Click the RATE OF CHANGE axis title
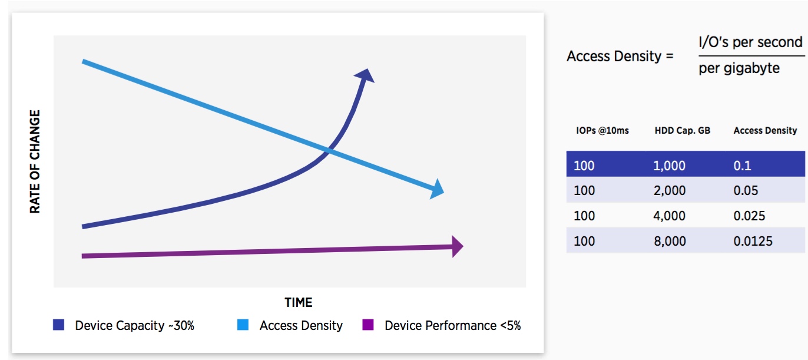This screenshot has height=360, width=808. [x=35, y=161]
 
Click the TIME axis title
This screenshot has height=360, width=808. [x=299, y=302]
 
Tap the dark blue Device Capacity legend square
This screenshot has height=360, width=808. [x=58, y=325]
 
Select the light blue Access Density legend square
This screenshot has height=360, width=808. [x=243, y=325]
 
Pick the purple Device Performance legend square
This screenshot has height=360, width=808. [x=368, y=325]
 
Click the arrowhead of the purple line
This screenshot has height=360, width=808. [x=457, y=246]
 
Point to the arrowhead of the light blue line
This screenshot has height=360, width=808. [x=437, y=189]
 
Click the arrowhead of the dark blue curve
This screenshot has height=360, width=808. [x=365, y=76]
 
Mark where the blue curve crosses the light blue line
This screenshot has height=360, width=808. [x=329, y=151]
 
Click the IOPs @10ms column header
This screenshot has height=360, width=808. [x=602, y=131]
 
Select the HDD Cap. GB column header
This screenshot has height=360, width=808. [x=683, y=131]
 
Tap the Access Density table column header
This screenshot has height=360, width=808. [x=765, y=131]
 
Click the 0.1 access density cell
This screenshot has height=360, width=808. [x=743, y=166]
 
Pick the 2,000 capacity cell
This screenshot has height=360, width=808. [x=670, y=190]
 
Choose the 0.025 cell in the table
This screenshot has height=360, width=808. [x=749, y=216]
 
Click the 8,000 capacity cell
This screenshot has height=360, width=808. [x=670, y=241]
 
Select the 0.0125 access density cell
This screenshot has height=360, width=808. [x=753, y=241]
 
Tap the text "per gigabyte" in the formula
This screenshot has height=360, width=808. [x=739, y=68]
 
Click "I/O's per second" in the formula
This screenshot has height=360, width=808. [x=751, y=42]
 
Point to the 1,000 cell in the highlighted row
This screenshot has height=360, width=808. [x=669, y=166]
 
